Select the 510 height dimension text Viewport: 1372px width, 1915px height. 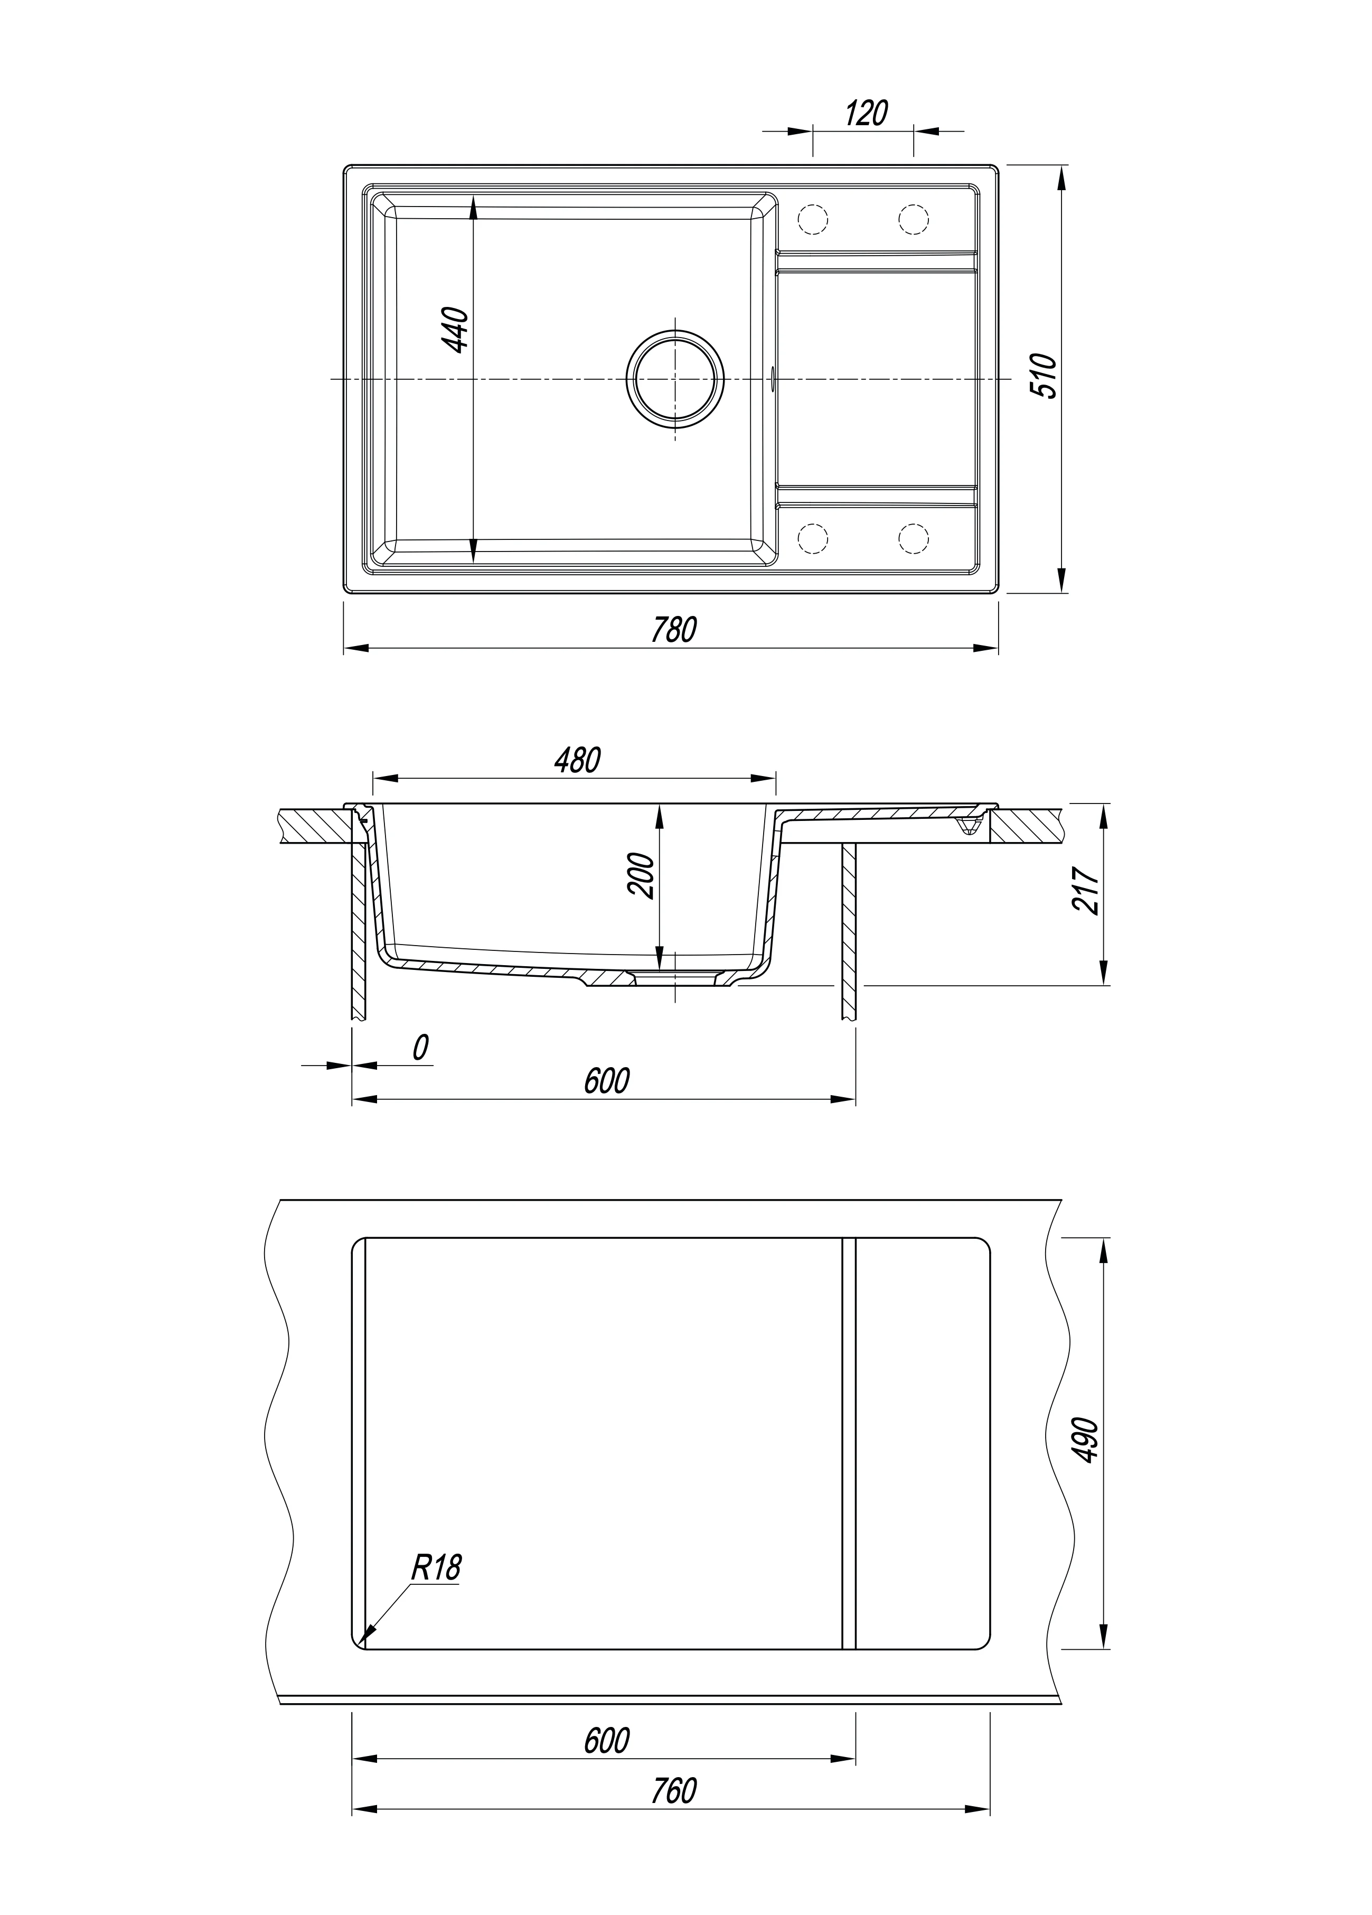pos(1044,377)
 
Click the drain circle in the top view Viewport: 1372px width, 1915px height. pos(674,379)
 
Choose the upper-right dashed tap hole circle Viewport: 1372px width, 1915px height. pos(914,219)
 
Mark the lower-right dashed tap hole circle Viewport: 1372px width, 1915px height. pos(914,538)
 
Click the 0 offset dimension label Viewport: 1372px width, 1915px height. pos(420,1047)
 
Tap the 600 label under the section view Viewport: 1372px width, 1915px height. pos(606,1081)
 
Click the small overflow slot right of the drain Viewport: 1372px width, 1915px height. pos(773,379)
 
